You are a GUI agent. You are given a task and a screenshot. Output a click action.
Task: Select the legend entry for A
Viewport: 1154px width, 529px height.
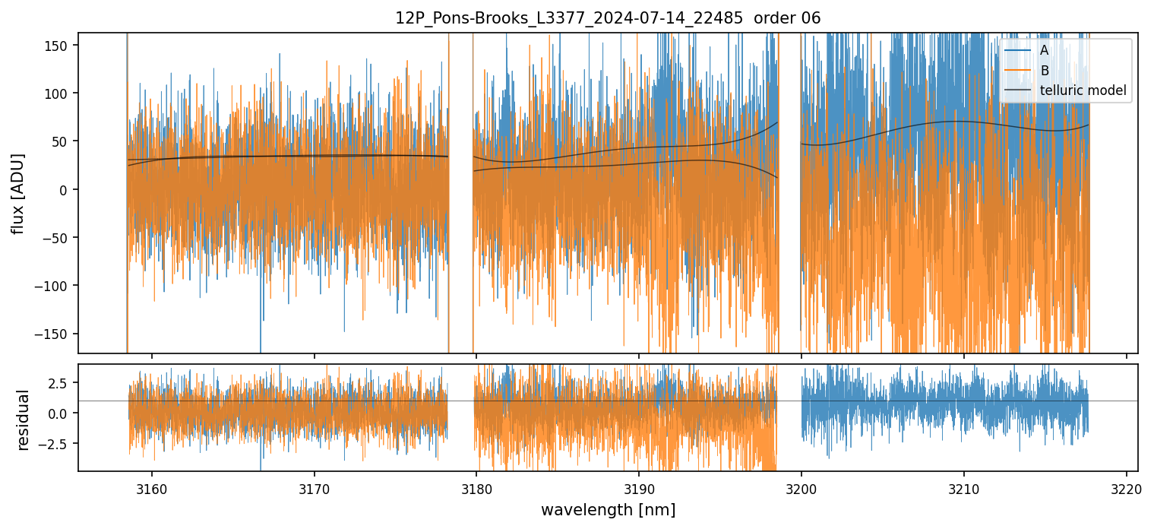(1045, 51)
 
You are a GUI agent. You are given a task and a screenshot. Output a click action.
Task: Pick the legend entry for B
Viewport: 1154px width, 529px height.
(1045, 71)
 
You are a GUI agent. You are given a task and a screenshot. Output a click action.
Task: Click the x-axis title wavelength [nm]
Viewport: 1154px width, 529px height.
(608, 509)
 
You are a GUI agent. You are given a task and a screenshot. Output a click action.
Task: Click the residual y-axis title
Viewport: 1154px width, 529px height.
(24, 420)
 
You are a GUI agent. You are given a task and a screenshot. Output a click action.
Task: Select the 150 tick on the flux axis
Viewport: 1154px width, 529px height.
(62, 46)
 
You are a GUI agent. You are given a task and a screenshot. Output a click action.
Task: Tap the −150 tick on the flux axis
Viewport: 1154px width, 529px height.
(58, 334)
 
